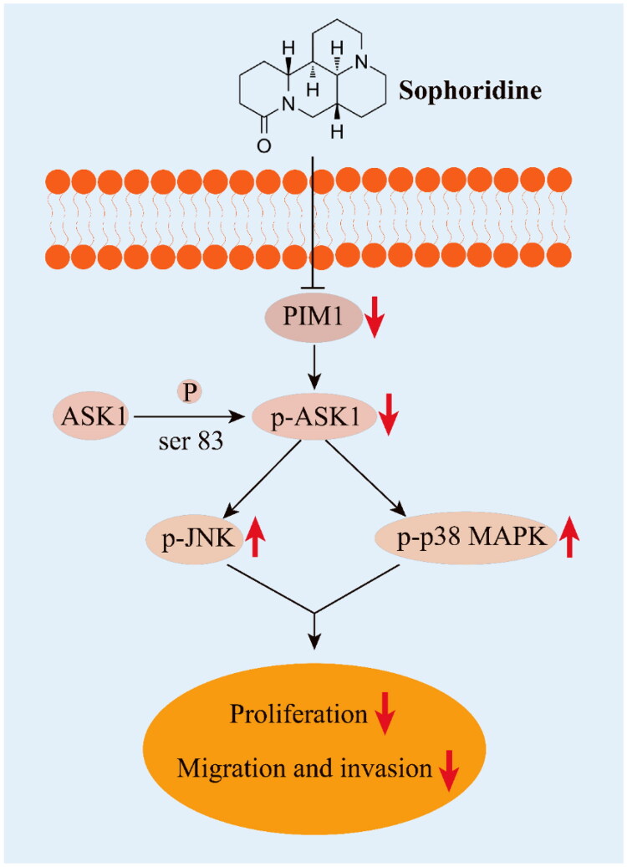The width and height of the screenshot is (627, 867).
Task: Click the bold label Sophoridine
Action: coord(470,90)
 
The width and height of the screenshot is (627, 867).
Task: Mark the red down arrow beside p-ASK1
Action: coord(387,415)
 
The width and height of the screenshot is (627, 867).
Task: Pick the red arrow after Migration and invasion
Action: coord(449,771)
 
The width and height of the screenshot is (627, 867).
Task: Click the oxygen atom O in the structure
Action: coord(264,145)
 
